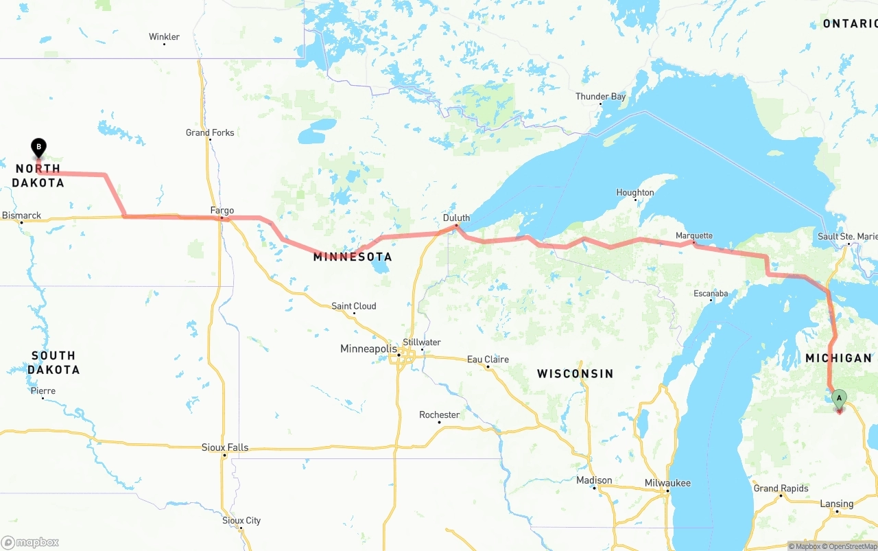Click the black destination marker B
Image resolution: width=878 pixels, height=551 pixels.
tap(39, 147)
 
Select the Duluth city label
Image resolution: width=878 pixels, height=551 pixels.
tap(456, 218)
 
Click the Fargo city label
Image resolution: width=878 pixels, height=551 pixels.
tap(222, 211)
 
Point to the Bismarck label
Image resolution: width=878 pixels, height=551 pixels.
tap(21, 215)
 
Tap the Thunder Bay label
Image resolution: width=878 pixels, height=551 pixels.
tap(600, 97)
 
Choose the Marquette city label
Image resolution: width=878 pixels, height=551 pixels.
tap(694, 236)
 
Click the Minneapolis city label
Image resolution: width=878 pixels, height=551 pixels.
tap(368, 349)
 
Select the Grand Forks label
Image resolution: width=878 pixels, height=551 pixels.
tap(210, 132)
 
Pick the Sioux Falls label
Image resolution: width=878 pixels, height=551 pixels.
tap(225, 447)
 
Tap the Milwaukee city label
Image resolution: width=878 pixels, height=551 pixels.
tap(667, 483)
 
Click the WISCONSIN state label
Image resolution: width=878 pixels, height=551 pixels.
tap(575, 374)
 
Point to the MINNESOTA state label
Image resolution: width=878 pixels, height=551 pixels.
tap(353, 257)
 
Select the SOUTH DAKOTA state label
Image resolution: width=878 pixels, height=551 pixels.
tap(54, 362)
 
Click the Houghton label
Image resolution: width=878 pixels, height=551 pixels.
tap(635, 193)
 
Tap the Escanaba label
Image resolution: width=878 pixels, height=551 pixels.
tap(711, 294)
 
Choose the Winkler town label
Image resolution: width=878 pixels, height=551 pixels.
tap(164, 37)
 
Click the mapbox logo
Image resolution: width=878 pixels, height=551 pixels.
tap(30, 542)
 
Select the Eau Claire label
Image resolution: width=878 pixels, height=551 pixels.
tap(488, 360)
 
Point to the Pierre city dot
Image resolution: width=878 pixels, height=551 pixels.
tap(43, 399)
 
